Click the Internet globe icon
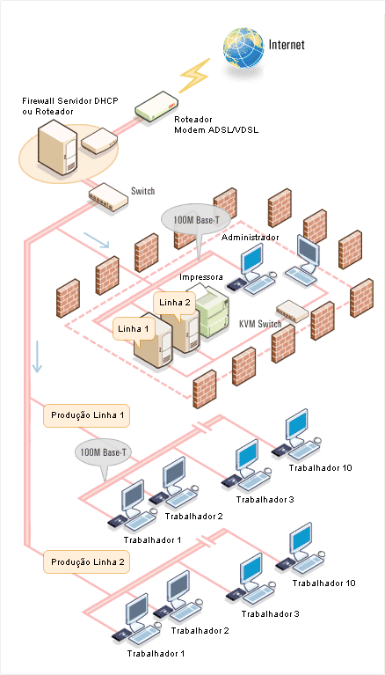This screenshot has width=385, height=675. pos(243,48)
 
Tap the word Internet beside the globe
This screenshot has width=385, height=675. pos(287,44)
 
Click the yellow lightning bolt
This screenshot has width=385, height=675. pos(194,76)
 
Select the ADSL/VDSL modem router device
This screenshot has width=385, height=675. pos(156,105)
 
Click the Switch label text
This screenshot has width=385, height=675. pos(142,191)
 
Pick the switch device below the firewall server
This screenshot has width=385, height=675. pos(108,197)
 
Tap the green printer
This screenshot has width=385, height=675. pos(211,310)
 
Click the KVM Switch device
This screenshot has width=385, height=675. pos(292,311)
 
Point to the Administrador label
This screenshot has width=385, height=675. pos(251,238)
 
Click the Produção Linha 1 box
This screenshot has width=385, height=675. pos(86,416)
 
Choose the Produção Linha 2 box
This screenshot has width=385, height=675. pos(86,562)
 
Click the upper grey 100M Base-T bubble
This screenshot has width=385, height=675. pos(196,221)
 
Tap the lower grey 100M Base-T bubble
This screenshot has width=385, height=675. pos(104,453)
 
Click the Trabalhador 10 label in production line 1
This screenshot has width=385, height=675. pos(321,467)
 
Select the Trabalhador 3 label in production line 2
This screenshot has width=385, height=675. pos(270,614)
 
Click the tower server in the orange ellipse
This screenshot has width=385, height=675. pos(57,147)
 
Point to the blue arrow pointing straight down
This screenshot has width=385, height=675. pos(38,356)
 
